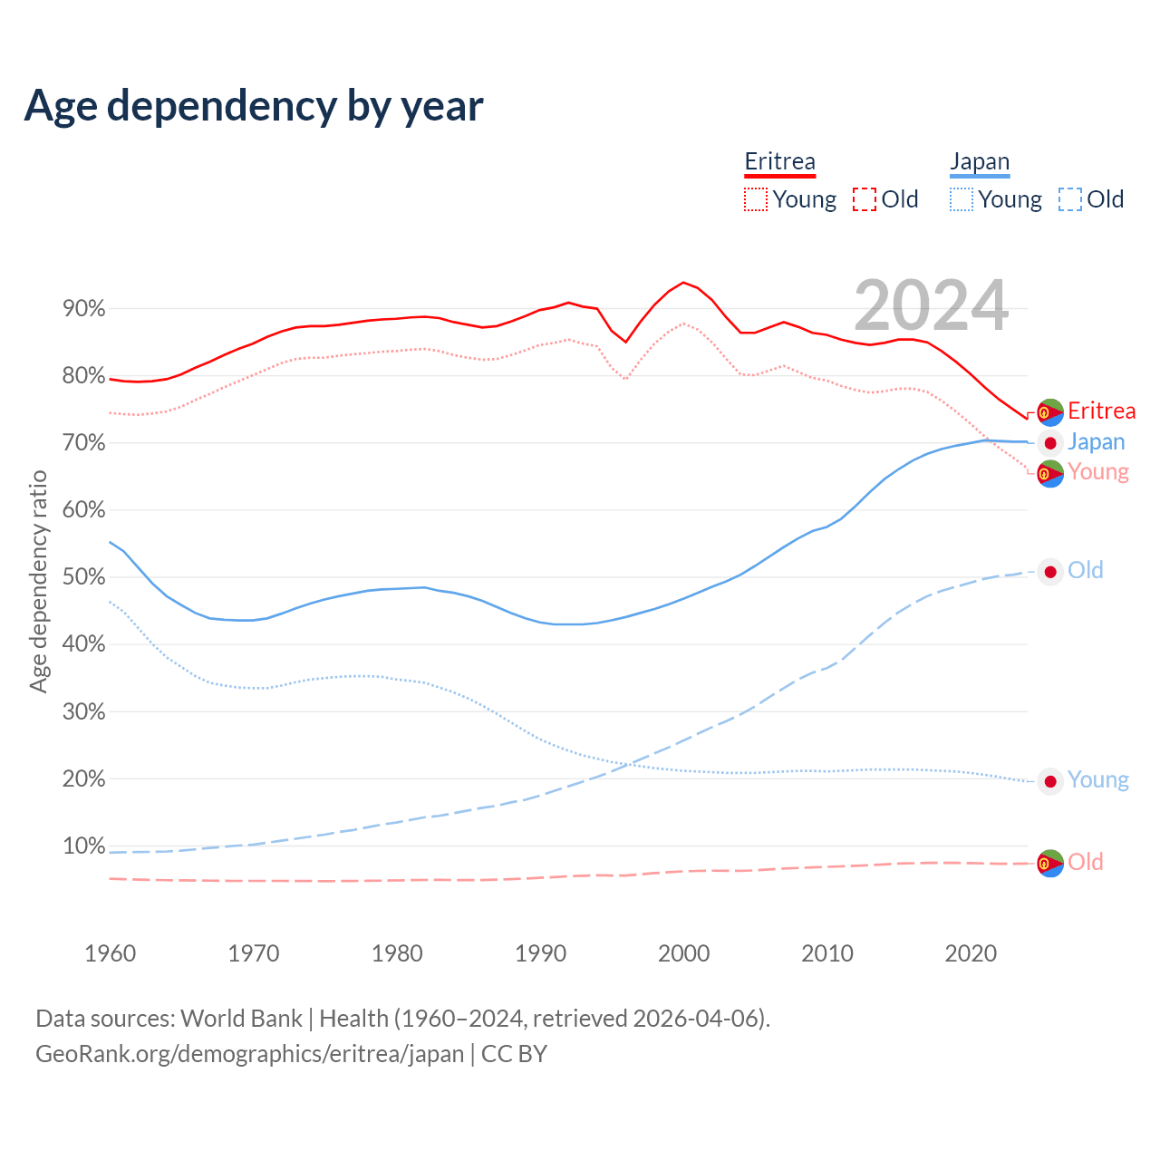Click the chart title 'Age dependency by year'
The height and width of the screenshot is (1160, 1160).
tap(254, 106)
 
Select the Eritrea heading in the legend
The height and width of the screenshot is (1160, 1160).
tap(779, 162)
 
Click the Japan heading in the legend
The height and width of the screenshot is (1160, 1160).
tap(979, 162)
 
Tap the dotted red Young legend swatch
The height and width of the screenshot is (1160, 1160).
tap(755, 199)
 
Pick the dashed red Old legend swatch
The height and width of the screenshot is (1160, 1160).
tap(864, 199)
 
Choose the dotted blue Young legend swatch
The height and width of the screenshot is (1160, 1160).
tap(961, 199)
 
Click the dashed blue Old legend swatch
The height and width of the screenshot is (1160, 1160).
tap(1069, 199)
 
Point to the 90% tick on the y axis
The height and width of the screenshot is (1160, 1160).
tap(83, 309)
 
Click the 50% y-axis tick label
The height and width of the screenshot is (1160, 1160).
tap(83, 577)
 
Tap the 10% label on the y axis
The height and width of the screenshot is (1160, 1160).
tap(83, 846)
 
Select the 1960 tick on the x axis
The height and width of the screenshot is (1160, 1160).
tap(110, 953)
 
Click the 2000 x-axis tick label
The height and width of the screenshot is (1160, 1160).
tap(683, 953)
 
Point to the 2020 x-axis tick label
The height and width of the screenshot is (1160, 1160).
tap(971, 953)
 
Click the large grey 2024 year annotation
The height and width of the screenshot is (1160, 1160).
tap(931, 305)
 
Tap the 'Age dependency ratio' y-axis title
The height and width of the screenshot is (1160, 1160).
tap(38, 581)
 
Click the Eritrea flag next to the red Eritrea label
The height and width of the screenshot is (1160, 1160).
tap(1049, 412)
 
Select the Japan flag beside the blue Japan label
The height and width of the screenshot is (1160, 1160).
tap(1049, 443)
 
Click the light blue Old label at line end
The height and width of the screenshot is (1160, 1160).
tap(1085, 571)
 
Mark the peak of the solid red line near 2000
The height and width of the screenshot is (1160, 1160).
tap(683, 282)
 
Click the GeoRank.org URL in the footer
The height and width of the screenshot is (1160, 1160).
tap(249, 1054)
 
